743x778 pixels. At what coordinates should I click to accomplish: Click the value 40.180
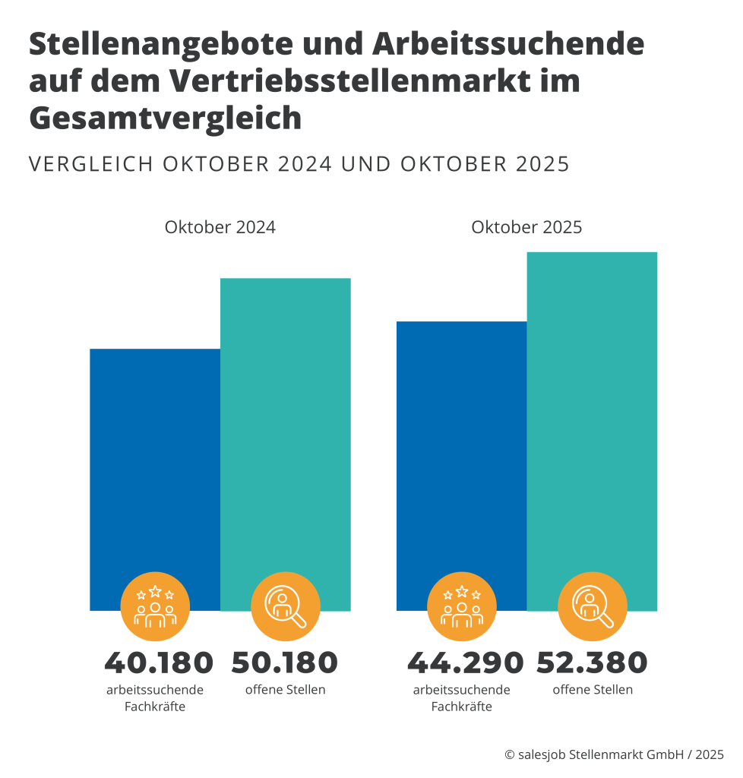click(x=159, y=663)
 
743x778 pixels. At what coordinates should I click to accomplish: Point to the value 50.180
click(x=285, y=663)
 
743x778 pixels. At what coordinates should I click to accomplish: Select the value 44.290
click(x=465, y=663)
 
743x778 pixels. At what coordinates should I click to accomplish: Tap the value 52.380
click(x=592, y=663)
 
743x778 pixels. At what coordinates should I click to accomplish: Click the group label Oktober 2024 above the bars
click(x=220, y=227)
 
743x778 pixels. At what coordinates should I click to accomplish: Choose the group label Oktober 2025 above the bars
click(x=526, y=227)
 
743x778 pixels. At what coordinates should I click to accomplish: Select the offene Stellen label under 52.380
click(x=593, y=690)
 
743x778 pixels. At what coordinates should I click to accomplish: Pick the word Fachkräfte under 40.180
click(x=155, y=707)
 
